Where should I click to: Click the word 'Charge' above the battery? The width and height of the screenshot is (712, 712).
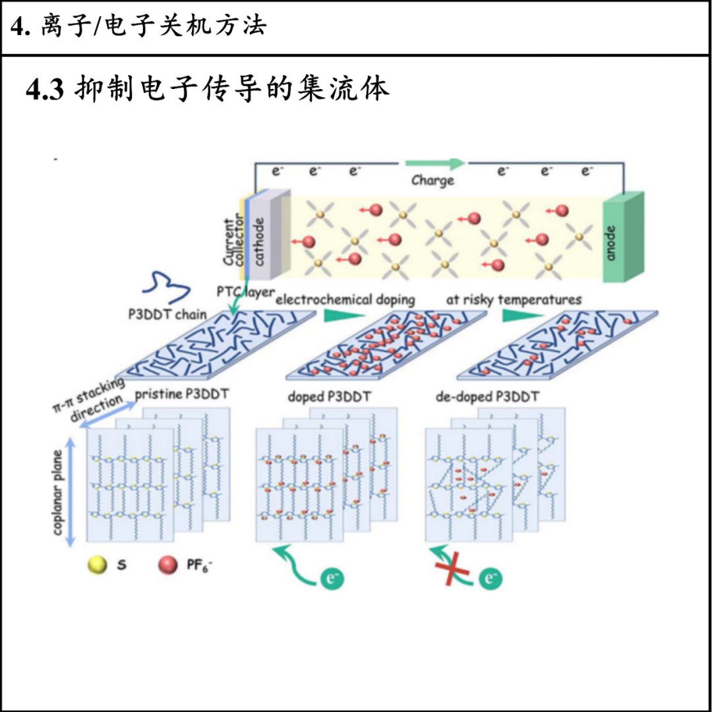[432, 180]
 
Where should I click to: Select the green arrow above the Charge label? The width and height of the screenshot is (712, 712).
[436, 163]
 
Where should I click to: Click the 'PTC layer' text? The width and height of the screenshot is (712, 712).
[245, 291]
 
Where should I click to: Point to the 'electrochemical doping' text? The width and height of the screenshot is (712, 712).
[345, 299]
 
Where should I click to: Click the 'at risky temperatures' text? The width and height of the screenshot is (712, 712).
[514, 299]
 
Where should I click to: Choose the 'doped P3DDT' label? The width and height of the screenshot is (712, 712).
[329, 398]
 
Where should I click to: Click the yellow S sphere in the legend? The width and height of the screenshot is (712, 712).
[97, 566]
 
